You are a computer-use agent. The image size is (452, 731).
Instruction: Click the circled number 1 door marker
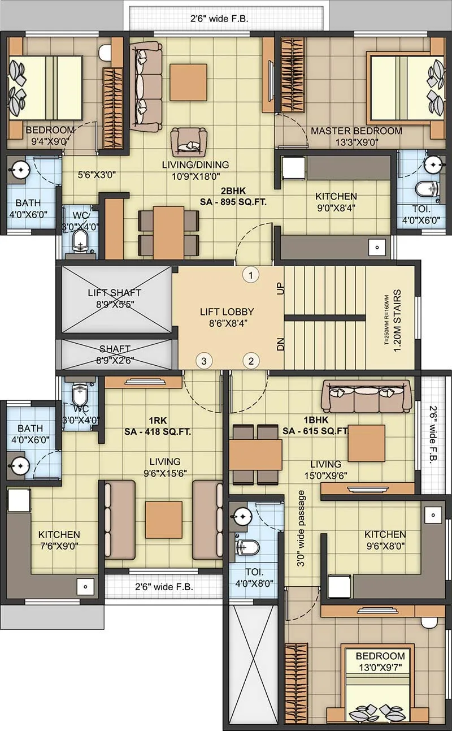[251, 275]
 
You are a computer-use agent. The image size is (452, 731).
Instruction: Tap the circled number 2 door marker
[251, 360]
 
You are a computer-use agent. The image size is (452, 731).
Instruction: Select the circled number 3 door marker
[203, 360]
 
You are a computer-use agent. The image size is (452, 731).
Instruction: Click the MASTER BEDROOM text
[356, 131]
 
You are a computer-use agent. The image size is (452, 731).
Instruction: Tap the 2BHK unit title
[233, 190]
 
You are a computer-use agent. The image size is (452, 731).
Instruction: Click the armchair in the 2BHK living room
[189, 140]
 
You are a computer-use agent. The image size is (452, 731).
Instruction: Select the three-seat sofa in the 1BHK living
[366, 395]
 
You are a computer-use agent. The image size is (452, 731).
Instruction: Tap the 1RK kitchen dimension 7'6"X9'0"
[59, 546]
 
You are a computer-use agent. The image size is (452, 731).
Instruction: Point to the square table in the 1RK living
[164, 520]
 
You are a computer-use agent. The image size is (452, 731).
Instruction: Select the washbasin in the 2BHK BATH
[20, 168]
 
